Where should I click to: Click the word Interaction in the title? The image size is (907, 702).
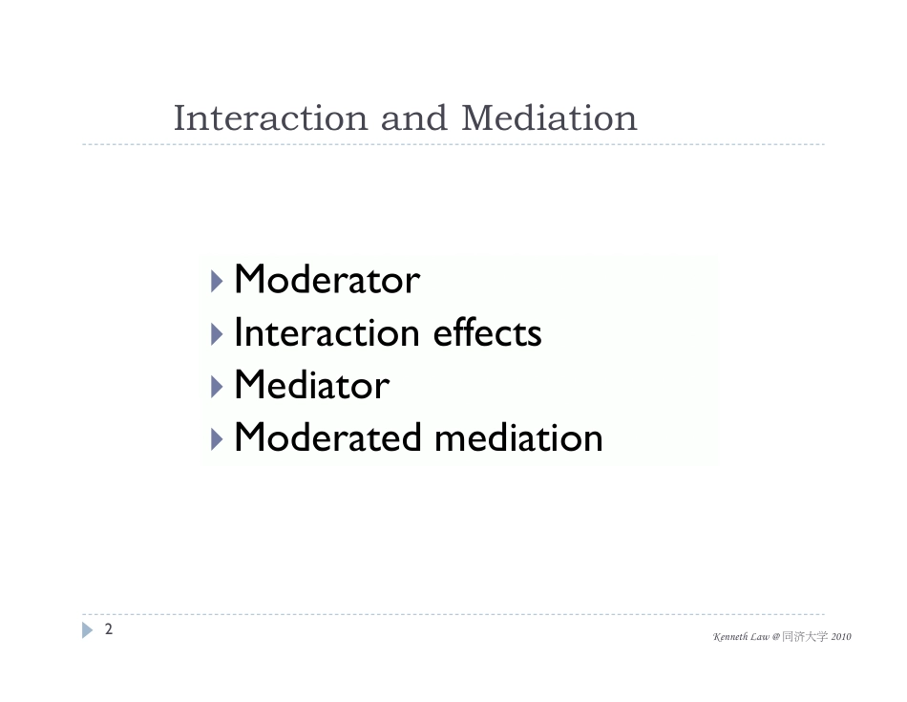(271, 118)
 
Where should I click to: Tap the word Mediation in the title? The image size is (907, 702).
(549, 118)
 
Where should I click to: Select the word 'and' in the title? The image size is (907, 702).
(414, 118)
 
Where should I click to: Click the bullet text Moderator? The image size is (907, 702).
(327, 280)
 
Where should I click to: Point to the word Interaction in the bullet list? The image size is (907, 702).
(327, 332)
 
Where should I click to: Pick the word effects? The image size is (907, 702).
(488, 332)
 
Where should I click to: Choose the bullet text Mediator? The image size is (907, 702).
(312, 385)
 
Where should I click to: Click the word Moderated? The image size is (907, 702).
(327, 437)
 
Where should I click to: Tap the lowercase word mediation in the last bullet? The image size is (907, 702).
(518, 437)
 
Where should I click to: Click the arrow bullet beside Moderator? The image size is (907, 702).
(217, 281)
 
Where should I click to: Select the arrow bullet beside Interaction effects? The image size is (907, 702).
(217, 334)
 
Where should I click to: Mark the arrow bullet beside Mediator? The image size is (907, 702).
(217, 387)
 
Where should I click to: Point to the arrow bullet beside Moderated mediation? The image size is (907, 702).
(217, 440)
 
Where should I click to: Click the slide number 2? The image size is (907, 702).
(108, 629)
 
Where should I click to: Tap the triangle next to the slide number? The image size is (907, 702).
(87, 630)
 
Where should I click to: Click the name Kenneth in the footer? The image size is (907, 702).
(731, 637)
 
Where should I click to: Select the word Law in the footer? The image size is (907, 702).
(761, 637)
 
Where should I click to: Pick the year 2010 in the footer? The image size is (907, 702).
(841, 637)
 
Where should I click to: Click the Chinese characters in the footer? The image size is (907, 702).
(805, 637)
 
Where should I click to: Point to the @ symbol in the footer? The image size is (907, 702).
(775, 637)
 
